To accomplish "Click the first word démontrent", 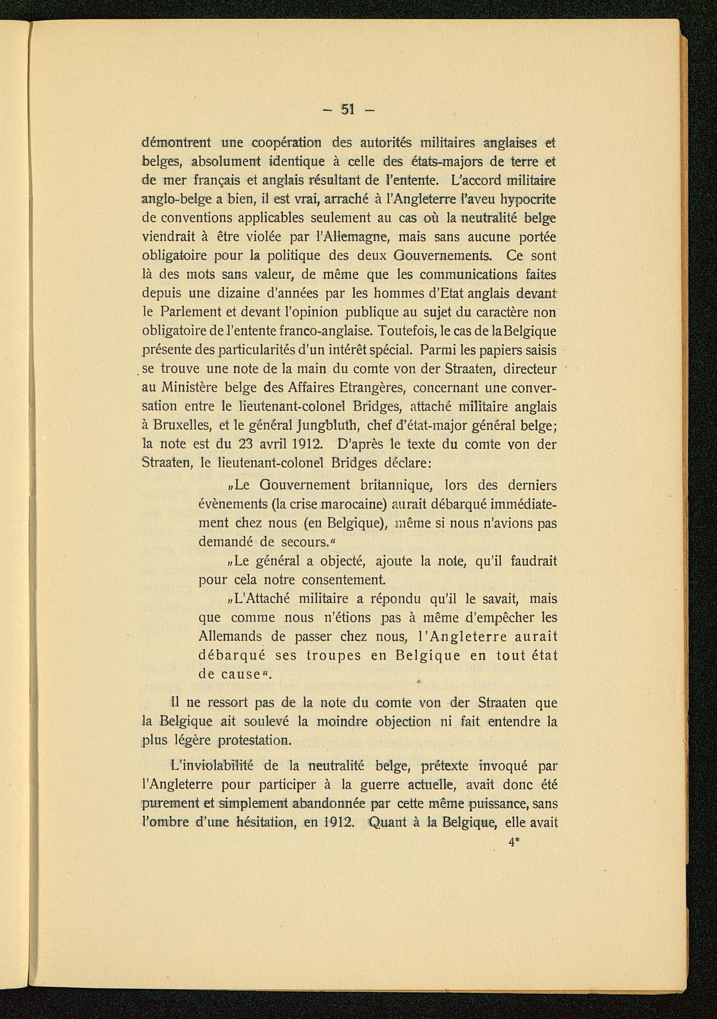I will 176,143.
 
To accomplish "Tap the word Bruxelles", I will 182,426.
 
